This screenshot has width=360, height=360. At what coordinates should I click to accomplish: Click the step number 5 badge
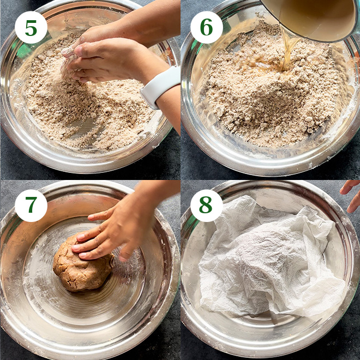[31, 27]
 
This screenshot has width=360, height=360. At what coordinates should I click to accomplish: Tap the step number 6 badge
[207, 27]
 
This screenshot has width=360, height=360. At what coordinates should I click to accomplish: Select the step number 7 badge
[31, 206]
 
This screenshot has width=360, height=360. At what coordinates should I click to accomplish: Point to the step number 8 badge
[207, 206]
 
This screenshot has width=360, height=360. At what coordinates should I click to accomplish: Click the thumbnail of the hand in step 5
[79, 50]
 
